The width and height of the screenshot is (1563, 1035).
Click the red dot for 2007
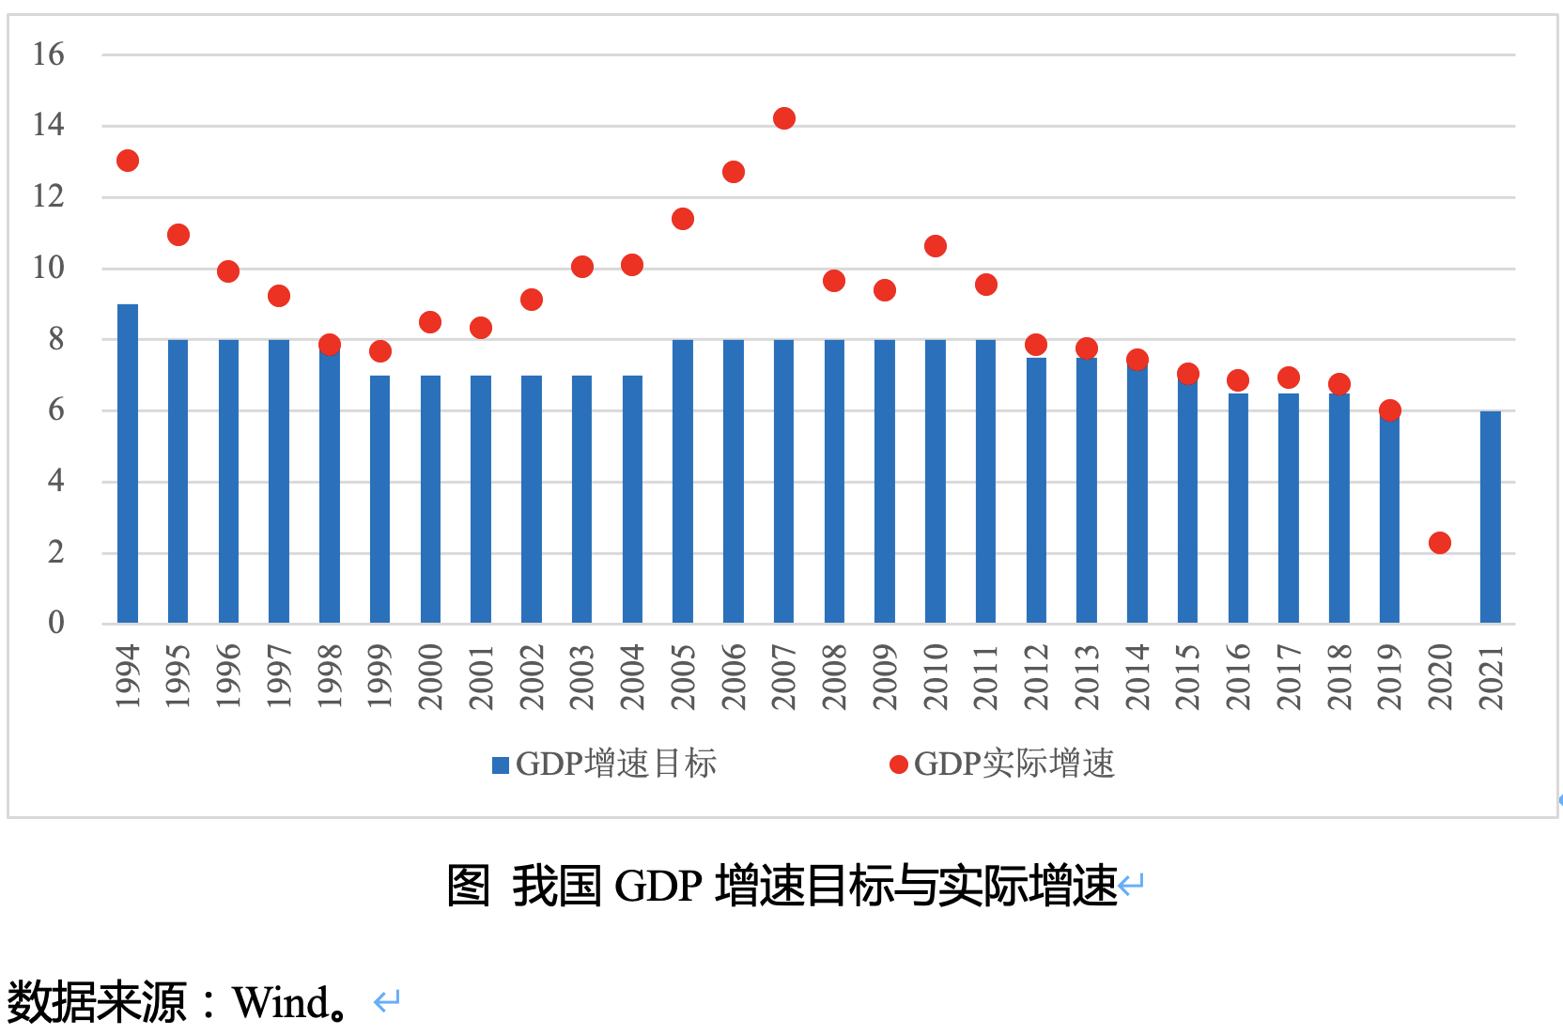[783, 118]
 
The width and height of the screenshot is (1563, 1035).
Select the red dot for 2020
[1439, 543]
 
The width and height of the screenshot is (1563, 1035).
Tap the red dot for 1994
[128, 161]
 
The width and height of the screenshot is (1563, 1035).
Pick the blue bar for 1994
[128, 464]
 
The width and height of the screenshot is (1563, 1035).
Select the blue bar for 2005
[683, 481]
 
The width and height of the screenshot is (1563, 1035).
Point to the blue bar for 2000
[430, 499]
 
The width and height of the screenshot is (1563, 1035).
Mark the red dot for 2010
[935, 246]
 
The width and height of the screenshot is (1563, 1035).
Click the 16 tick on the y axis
[48, 54]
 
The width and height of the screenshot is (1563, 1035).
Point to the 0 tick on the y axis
[56, 622]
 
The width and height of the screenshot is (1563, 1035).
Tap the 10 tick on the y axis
[48, 268]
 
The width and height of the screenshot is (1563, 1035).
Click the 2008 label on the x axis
[834, 676]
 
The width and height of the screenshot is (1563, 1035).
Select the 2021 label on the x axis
[1491, 676]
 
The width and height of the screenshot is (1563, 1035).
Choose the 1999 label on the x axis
[379, 676]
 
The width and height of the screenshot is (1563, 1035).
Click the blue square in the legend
[501, 765]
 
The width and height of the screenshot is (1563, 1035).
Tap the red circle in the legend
[898, 765]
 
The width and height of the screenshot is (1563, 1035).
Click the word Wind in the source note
[279, 1002]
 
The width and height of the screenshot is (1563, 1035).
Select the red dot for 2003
[582, 267]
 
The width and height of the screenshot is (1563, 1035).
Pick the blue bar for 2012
[1036, 490]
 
